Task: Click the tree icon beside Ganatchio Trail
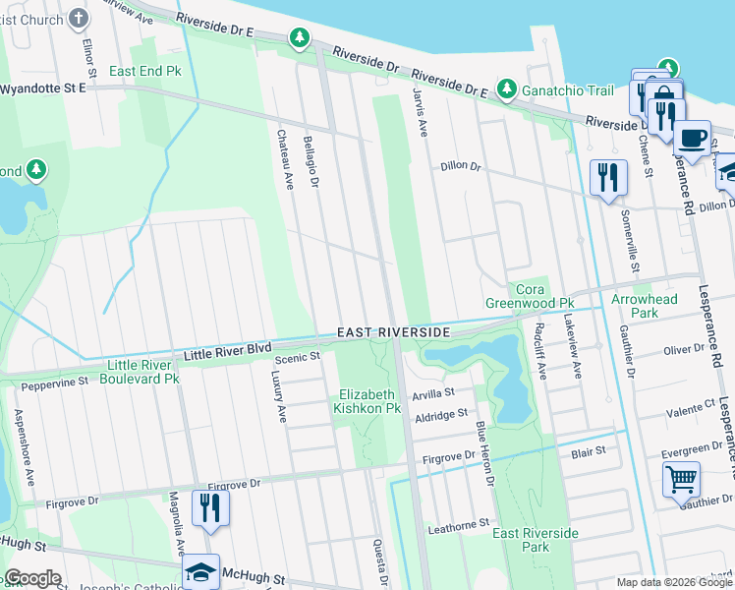507,89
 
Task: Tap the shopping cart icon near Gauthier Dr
681,481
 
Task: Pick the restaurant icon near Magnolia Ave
209,507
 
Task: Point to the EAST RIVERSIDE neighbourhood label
393,333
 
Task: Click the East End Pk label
145,72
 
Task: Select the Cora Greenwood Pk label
531,296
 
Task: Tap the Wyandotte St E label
43,88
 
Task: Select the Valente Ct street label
689,417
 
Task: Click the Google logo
33,578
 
